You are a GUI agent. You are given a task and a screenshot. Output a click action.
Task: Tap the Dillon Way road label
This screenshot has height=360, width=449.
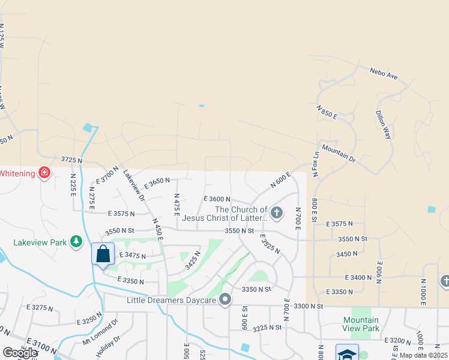(x=384, y=125)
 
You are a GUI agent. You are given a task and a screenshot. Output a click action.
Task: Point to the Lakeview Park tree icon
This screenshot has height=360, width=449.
(x=76, y=242)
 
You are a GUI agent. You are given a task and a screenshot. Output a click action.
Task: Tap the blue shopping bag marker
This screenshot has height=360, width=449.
(x=103, y=253)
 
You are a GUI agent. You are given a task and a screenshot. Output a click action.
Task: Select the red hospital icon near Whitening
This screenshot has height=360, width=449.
(x=44, y=173)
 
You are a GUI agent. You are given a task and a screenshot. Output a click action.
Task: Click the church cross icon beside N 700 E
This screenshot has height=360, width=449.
(x=276, y=212)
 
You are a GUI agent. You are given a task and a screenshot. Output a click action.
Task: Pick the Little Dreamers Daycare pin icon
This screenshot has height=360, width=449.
(x=225, y=299)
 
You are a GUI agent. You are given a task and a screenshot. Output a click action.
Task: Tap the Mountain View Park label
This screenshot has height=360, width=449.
(x=361, y=324)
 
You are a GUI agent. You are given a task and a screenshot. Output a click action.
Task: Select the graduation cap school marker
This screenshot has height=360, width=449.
(x=347, y=354)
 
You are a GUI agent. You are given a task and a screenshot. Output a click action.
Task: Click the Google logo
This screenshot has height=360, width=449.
(x=20, y=353)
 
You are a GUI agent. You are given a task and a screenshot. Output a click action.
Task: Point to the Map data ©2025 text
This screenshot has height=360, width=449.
(x=423, y=355)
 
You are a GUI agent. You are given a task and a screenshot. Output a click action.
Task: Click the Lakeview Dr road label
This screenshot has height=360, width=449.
(x=134, y=185)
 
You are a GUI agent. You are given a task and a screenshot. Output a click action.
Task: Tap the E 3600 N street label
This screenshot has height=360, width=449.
(x=217, y=199)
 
